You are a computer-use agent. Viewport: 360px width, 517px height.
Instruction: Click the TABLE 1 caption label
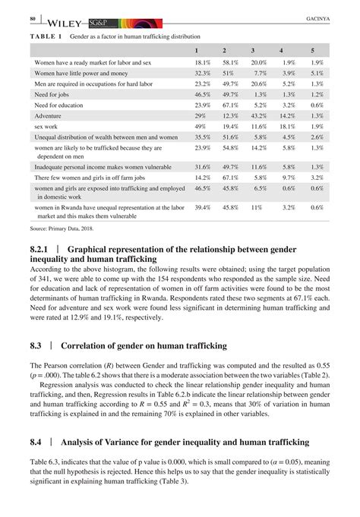(46, 36)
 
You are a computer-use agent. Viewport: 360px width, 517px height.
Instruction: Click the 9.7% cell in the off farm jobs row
(288, 176)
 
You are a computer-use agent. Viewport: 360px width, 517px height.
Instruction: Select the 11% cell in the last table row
(257, 206)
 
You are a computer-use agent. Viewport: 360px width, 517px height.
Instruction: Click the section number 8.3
(37, 345)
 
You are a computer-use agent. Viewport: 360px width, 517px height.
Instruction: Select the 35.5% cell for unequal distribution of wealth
(202, 137)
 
